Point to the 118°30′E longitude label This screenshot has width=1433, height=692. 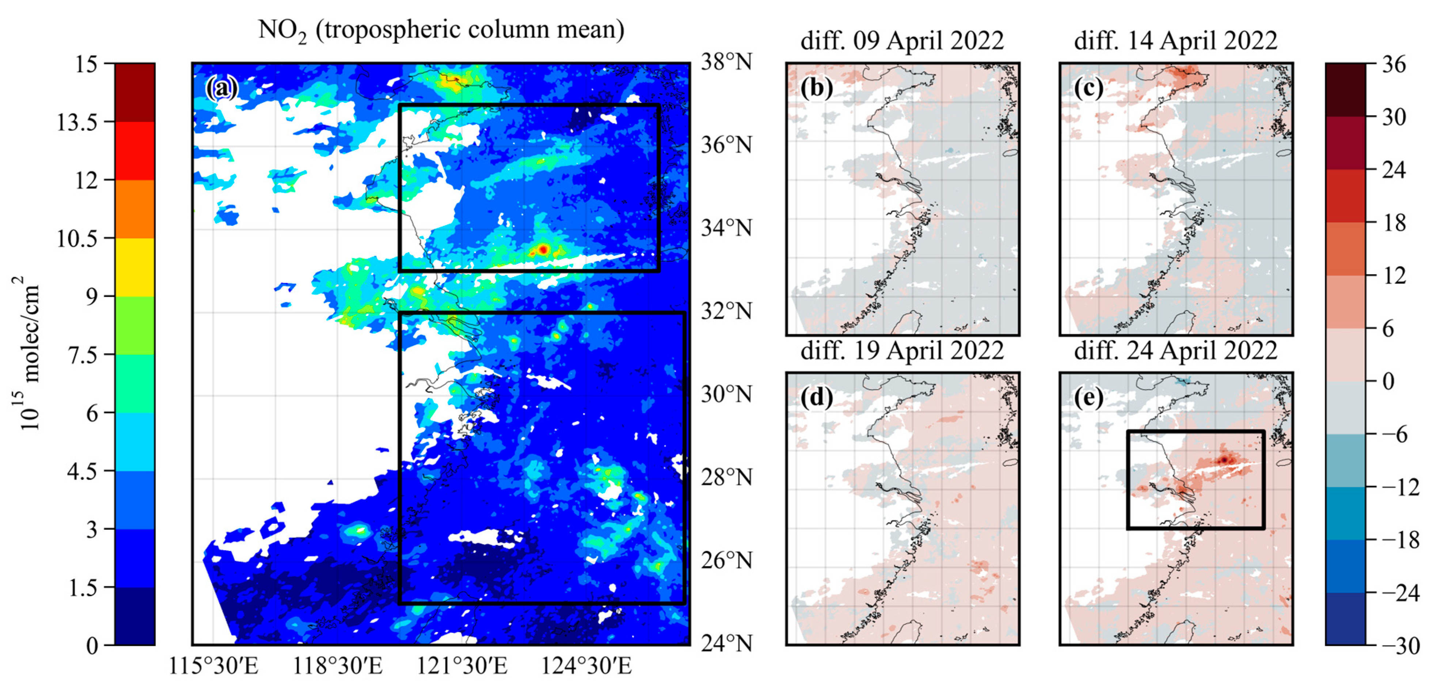338,666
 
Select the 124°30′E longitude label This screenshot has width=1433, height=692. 586,666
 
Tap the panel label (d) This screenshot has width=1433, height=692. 816,397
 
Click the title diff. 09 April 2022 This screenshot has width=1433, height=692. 902,41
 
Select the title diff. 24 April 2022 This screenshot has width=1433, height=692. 1175,351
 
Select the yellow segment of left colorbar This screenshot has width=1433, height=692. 134,267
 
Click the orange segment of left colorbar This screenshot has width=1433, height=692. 134,209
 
